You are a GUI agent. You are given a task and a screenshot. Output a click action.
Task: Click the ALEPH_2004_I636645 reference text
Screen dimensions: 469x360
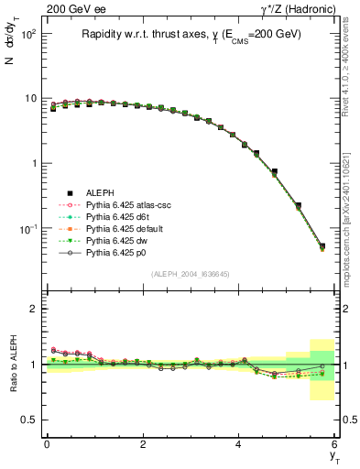click(x=191, y=275)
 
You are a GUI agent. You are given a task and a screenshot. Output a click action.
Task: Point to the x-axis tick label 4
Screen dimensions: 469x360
click(x=238, y=443)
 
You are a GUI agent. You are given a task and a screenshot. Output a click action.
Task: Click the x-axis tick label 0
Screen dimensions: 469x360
click(x=47, y=443)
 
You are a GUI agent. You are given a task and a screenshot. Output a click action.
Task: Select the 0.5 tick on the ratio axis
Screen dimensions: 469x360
click(x=30, y=420)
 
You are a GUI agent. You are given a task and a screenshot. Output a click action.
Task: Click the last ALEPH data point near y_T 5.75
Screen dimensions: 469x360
click(x=322, y=246)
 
